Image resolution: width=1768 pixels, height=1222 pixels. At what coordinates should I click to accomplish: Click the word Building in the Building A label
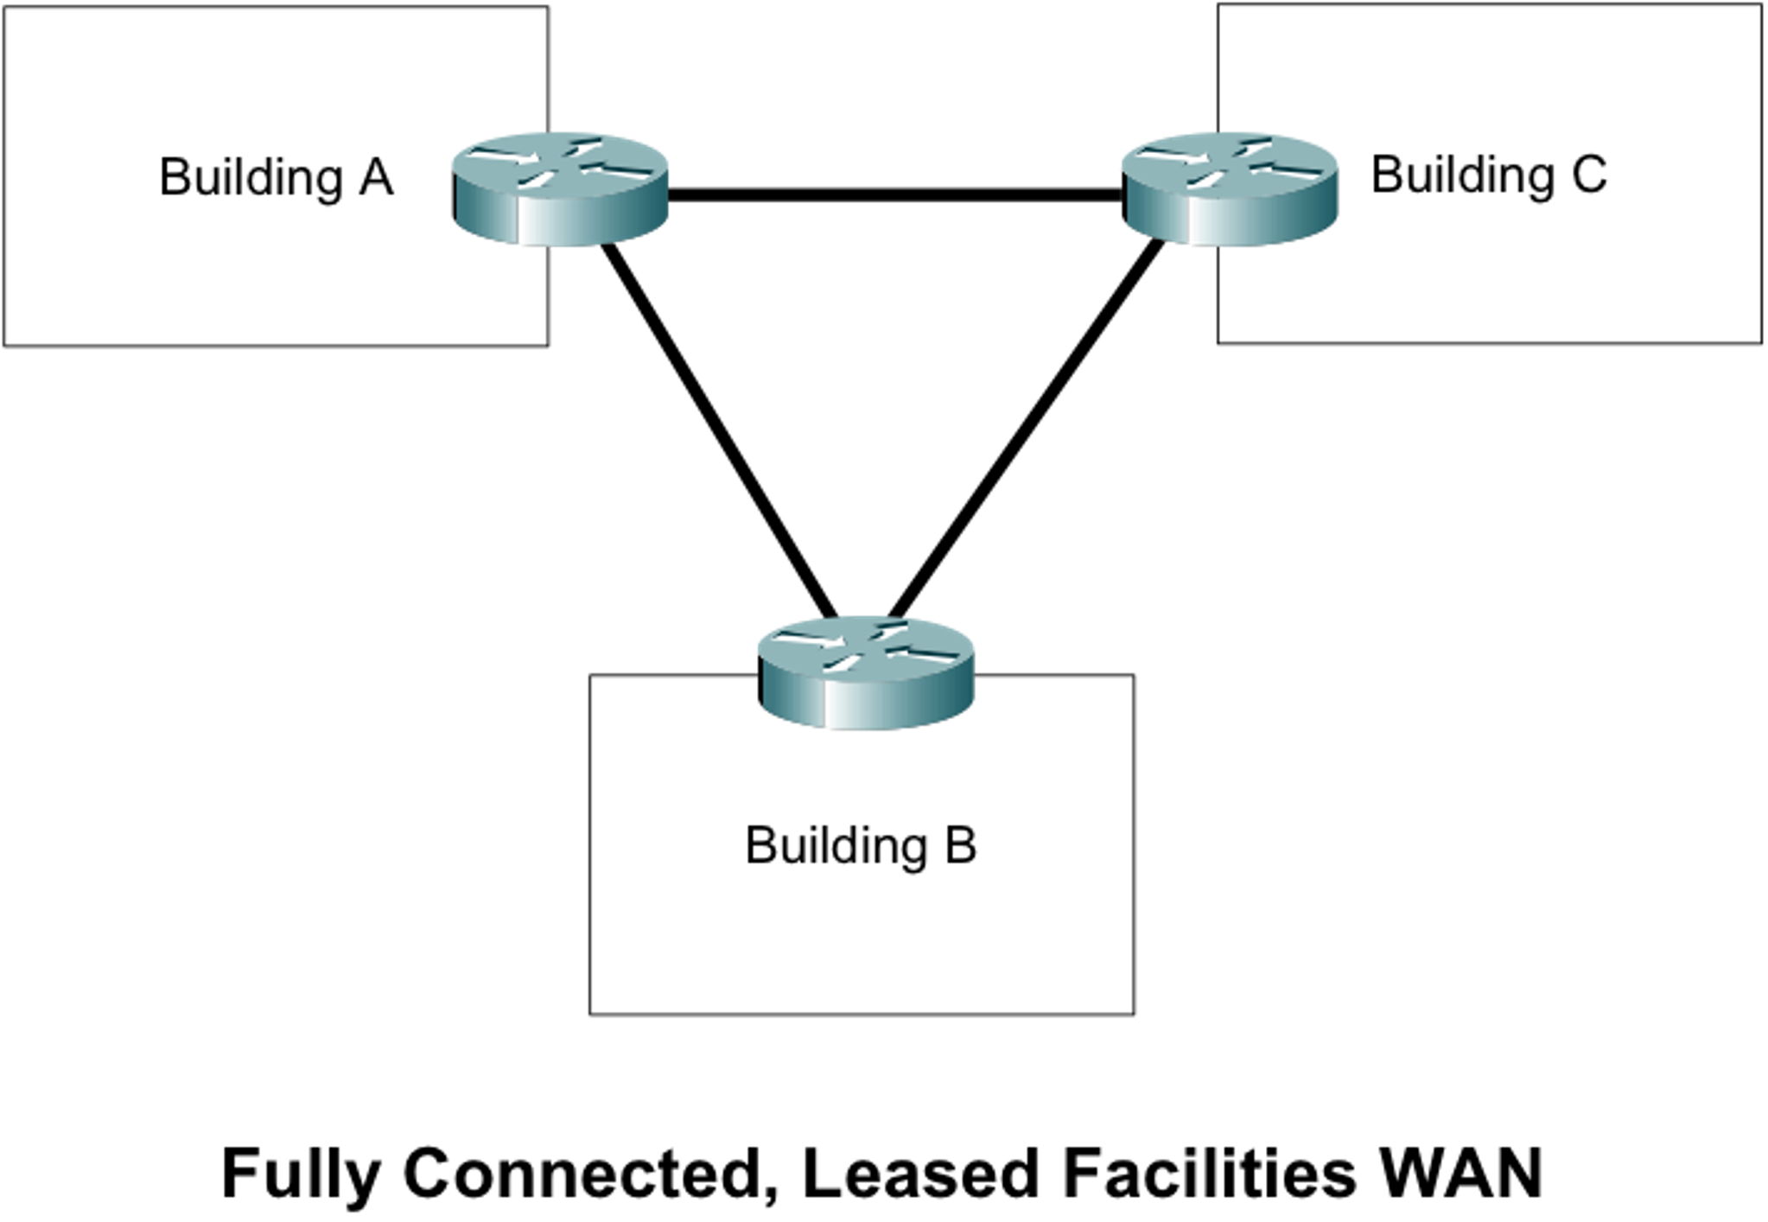[251, 177]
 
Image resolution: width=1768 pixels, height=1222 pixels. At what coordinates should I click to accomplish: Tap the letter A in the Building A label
[375, 177]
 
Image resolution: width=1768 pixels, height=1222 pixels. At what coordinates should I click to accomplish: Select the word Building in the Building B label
[836, 845]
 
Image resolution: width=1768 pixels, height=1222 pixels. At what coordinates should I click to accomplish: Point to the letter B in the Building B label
[960, 845]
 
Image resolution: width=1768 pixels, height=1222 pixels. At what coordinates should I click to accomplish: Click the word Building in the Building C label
[1462, 175]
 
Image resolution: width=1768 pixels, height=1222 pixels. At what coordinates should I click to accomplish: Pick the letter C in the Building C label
[1588, 175]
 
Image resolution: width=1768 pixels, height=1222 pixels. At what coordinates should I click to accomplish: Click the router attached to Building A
[561, 188]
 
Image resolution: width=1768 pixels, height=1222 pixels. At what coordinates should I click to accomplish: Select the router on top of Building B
[865, 671]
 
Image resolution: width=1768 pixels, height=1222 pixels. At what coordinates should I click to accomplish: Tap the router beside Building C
[1228, 188]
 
